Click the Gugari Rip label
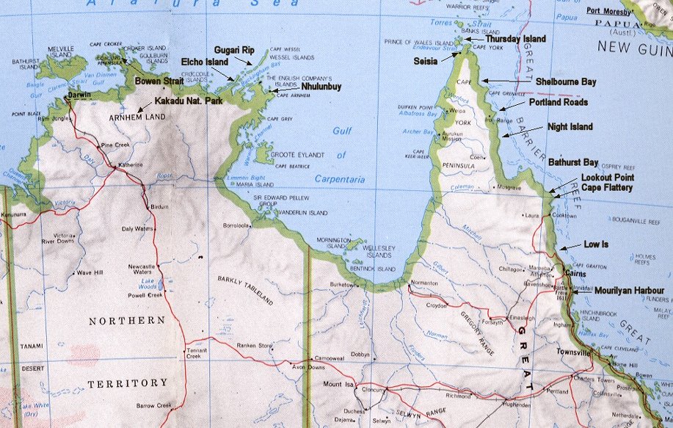[x=234, y=50]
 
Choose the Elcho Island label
[x=205, y=63]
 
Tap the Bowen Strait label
[x=159, y=81]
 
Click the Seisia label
[x=427, y=60]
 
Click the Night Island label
[x=570, y=126]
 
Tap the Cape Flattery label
[x=606, y=187]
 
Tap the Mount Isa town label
[x=337, y=383]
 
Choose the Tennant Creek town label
[x=194, y=353]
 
